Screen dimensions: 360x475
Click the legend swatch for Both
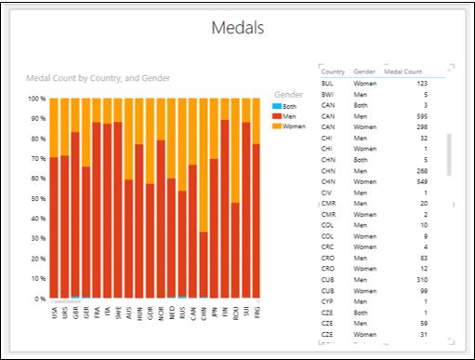tap(278, 106)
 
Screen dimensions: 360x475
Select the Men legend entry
tap(289, 115)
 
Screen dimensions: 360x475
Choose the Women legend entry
tap(293, 126)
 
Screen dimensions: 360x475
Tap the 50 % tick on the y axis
tap(37, 199)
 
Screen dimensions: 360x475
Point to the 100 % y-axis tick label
tap(35, 99)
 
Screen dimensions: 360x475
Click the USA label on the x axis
tap(54, 314)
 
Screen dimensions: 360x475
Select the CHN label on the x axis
tap(204, 314)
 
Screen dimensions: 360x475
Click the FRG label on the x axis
tap(257, 314)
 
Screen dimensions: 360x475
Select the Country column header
tap(333, 72)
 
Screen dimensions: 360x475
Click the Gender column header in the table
tap(364, 72)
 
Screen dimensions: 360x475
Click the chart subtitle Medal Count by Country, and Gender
tap(98, 78)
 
